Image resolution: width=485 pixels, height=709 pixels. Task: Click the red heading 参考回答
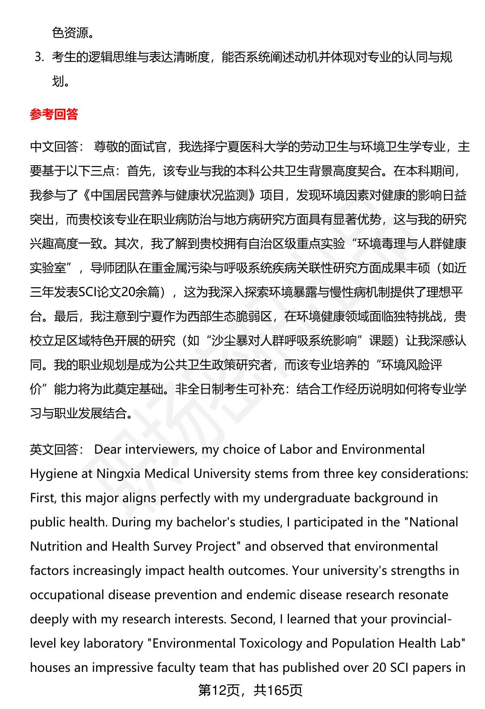(x=54, y=115)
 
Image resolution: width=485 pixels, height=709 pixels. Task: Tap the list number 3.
(x=39, y=57)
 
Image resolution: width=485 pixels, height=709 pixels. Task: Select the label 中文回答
(x=54, y=147)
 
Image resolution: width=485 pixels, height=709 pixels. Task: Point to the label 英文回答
(x=54, y=450)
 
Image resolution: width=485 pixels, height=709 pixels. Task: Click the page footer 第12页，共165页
(x=250, y=690)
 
